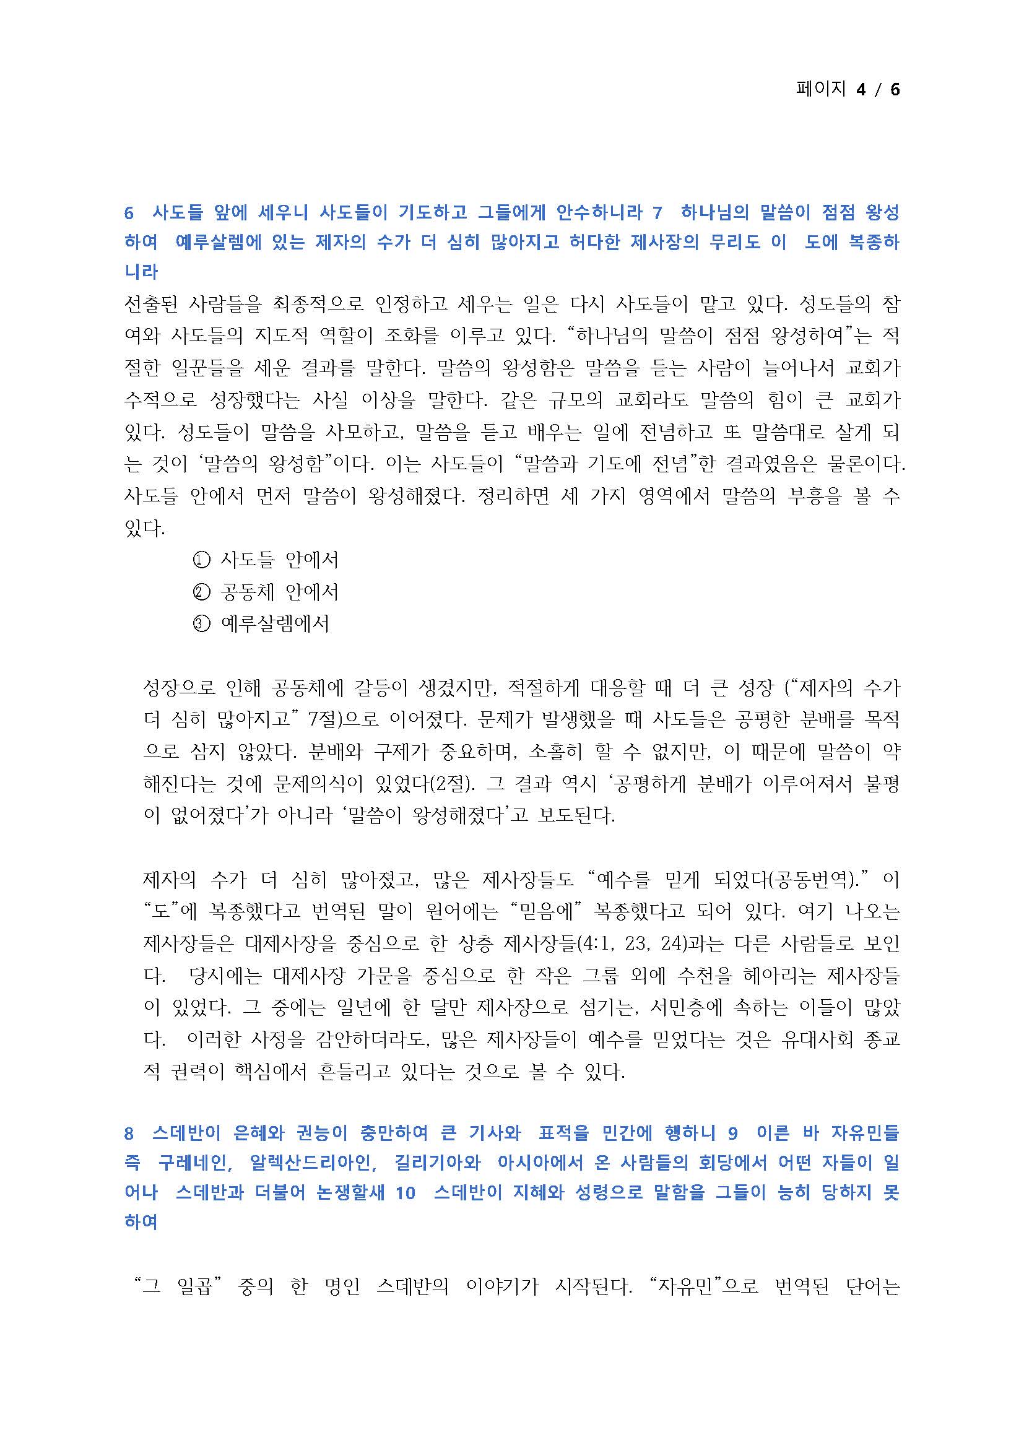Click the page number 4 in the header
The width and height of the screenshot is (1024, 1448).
coord(861,90)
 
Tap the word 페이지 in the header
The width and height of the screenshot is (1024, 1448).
coord(820,89)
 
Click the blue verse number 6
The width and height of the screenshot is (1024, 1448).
coord(129,213)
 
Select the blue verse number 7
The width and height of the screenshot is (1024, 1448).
coord(657,213)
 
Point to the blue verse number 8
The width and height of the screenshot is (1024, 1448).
coord(129,1134)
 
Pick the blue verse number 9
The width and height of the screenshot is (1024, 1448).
coord(732,1134)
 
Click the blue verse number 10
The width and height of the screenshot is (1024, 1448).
coord(406,1193)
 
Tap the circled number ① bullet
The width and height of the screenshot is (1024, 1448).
coord(201,560)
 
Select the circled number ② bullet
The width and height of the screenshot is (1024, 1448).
coord(201,592)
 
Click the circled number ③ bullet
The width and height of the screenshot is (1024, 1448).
coord(201,624)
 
